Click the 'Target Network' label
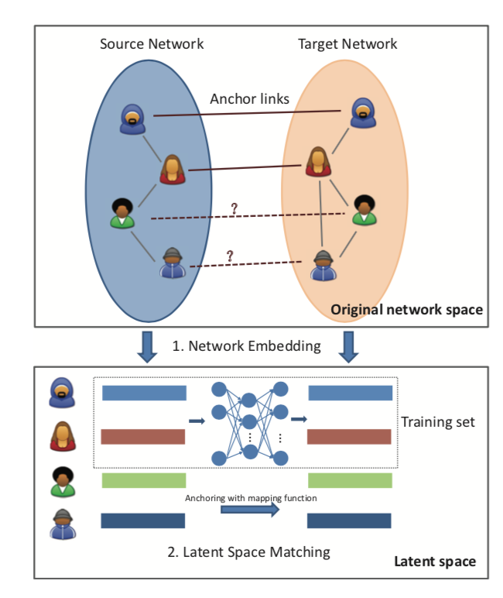tap(347, 43)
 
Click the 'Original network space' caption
tap(406, 310)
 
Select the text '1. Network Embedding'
tap(246, 346)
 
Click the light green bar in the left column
tap(143, 481)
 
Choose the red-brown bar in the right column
tap(350, 436)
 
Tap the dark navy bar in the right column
tap(350, 521)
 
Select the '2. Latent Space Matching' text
tap(249, 552)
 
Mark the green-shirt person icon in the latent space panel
tap(63, 480)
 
